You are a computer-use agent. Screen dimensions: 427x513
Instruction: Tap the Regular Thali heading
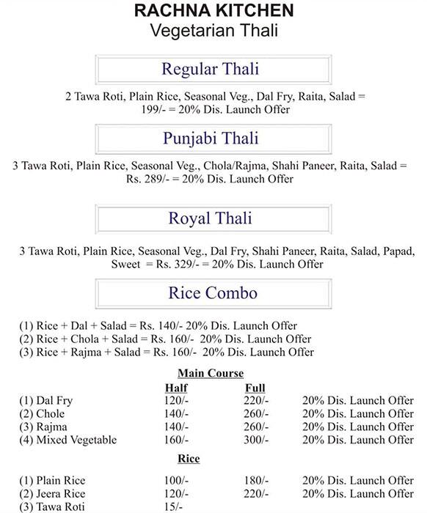coord(210,71)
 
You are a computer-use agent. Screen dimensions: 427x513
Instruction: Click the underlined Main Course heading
coord(211,373)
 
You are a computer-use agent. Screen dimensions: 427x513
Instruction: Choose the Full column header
coord(255,388)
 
